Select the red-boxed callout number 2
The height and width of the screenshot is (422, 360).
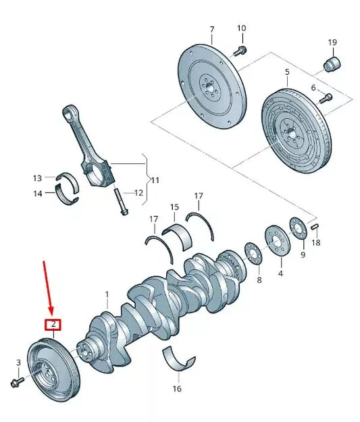click(x=53, y=324)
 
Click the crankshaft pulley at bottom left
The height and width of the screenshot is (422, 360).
click(x=52, y=371)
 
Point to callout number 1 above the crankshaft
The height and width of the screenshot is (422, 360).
click(x=106, y=294)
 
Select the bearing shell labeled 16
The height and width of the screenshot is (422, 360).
click(x=178, y=361)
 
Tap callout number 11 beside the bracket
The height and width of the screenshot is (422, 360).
click(x=155, y=180)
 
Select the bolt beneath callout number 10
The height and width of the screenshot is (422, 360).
click(x=240, y=50)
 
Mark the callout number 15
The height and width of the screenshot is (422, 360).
click(x=174, y=207)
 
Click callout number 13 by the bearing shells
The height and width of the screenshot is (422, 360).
click(x=37, y=178)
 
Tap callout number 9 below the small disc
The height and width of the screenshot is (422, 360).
click(x=302, y=255)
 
